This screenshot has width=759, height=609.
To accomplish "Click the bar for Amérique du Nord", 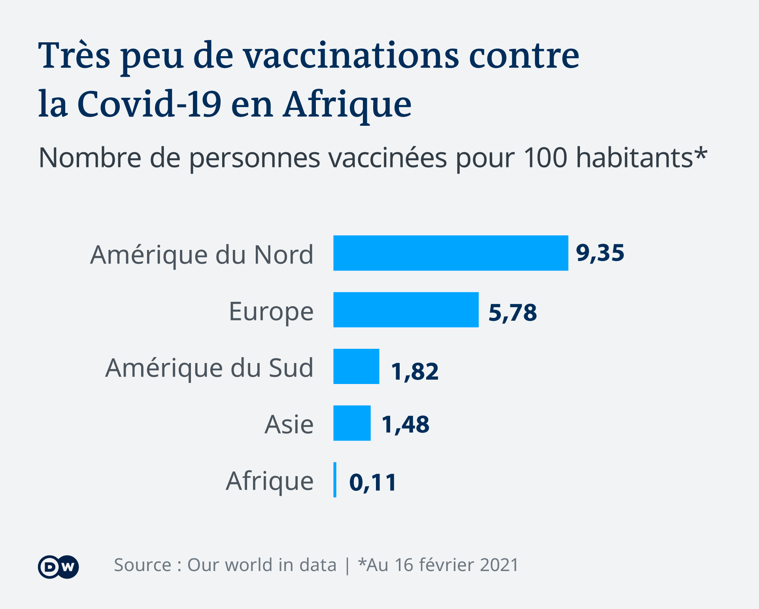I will [451, 253].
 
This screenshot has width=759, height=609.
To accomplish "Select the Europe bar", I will [406, 310].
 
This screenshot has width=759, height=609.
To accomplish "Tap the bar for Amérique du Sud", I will [356, 366].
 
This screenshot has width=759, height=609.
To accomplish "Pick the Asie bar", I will [352, 423].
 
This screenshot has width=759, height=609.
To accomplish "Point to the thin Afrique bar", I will [335, 480].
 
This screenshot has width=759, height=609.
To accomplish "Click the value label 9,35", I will [600, 253].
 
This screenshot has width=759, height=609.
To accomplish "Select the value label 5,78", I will [513, 312].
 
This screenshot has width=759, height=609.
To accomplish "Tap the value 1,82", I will [415, 371].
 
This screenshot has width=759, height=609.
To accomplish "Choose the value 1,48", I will [405, 425].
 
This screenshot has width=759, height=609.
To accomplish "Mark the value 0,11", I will [373, 482].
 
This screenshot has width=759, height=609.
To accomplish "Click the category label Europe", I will [271, 312].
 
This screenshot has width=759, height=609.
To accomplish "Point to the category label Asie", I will [289, 425].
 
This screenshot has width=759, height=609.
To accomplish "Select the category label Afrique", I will [270, 481].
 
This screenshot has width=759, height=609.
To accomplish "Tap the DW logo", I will [59, 567].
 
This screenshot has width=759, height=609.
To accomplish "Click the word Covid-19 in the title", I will [149, 104].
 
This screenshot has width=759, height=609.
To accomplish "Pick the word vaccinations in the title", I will [351, 55].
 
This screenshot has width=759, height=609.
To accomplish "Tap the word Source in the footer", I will [143, 565].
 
